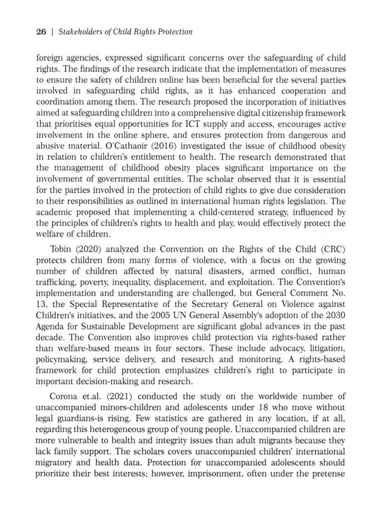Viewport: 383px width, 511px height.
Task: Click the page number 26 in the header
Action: pyautogui.click(x=41, y=32)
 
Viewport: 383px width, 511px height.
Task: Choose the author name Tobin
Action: pyautogui.click(x=61, y=249)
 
